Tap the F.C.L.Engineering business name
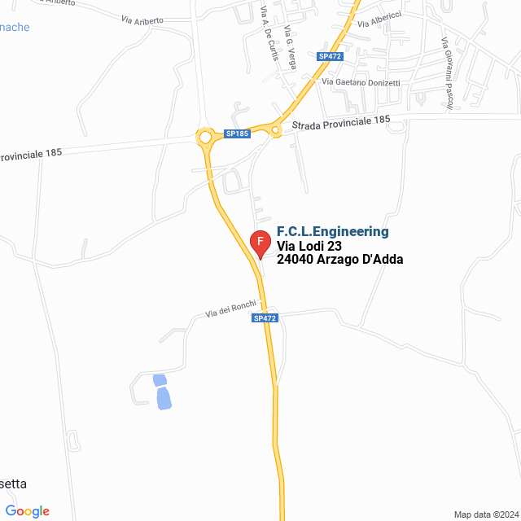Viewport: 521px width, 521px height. (x=333, y=232)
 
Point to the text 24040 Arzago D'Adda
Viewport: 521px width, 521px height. (x=340, y=260)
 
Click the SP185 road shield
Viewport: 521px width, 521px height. (x=237, y=134)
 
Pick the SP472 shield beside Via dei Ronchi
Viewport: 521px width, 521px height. (x=264, y=318)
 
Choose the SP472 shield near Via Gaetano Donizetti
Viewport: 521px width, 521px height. (x=328, y=56)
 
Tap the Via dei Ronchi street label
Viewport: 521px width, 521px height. (x=230, y=309)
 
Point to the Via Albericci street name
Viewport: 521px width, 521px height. (x=379, y=20)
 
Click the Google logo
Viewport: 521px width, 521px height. (x=27, y=511)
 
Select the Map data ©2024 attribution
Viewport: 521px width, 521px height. (x=484, y=514)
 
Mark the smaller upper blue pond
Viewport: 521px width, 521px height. (x=159, y=379)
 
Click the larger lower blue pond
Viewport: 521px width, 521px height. (x=164, y=398)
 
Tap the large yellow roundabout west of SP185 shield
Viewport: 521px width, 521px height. (x=204, y=138)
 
